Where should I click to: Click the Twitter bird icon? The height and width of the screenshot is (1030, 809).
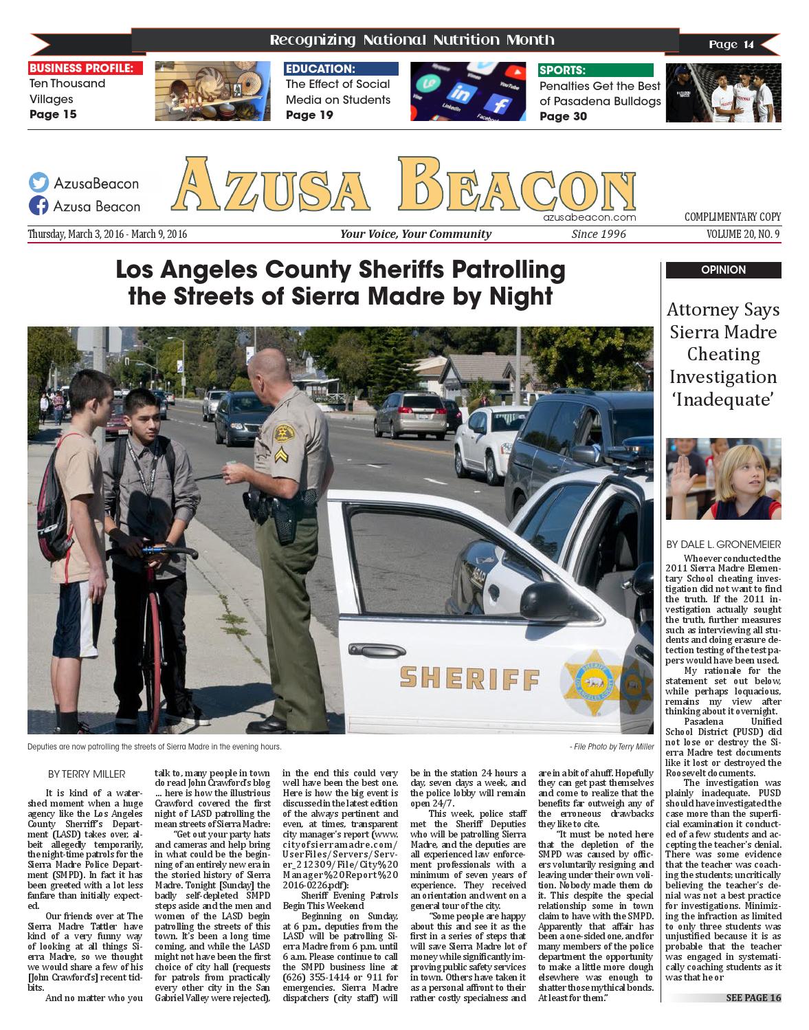(38, 183)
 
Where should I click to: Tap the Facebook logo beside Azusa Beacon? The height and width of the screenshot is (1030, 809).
(38, 206)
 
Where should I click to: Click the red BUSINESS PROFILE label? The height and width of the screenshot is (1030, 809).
(85, 68)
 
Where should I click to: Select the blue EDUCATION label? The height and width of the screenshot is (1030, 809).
(341, 69)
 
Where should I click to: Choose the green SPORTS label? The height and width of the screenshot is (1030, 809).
(595, 70)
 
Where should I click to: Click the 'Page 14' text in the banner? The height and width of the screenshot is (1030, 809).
(731, 45)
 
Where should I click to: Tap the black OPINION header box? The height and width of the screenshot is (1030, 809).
(723, 270)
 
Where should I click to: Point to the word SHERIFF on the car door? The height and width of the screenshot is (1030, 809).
(469, 678)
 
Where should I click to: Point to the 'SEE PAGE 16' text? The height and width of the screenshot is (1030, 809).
(753, 998)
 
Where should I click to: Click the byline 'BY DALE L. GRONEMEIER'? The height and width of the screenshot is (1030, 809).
(723, 545)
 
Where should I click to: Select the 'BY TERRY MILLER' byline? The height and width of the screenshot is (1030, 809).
(87, 774)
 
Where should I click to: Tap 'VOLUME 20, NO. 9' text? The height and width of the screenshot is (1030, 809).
(743, 234)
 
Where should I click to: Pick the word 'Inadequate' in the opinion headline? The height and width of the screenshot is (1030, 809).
(723, 399)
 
